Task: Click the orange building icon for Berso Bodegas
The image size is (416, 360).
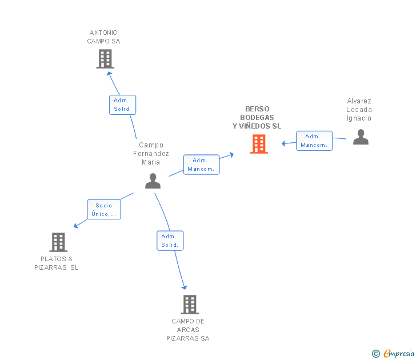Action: tap(259, 144)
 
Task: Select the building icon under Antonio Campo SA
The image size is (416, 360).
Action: tap(105, 59)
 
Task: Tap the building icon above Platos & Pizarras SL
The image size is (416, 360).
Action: tap(58, 242)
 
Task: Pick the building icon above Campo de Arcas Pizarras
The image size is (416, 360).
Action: tap(190, 305)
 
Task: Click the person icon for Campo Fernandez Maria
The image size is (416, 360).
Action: tap(153, 181)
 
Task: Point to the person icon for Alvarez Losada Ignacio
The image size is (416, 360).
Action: tap(361, 137)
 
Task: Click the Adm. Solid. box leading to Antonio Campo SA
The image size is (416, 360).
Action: tap(122, 105)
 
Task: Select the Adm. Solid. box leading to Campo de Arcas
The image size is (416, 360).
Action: tap(170, 241)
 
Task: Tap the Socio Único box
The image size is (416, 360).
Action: tap(104, 210)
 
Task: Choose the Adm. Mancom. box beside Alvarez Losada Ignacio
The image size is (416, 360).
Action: tap(314, 141)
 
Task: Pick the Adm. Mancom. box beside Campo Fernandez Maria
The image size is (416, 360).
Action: tap(201, 165)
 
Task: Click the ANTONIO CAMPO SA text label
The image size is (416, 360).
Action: tap(103, 37)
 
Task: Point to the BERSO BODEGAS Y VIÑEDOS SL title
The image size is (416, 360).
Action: tap(257, 118)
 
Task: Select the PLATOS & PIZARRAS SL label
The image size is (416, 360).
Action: tap(56, 263)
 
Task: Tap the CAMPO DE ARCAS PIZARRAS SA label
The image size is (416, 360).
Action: tap(188, 330)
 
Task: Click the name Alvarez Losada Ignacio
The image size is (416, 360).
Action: tap(359, 110)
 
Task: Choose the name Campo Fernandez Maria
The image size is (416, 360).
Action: tap(151, 154)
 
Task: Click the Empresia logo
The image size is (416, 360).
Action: tap(393, 354)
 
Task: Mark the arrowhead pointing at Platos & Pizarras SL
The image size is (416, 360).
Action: tap(76, 226)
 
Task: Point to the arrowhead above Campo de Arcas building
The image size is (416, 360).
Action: tap(185, 287)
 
